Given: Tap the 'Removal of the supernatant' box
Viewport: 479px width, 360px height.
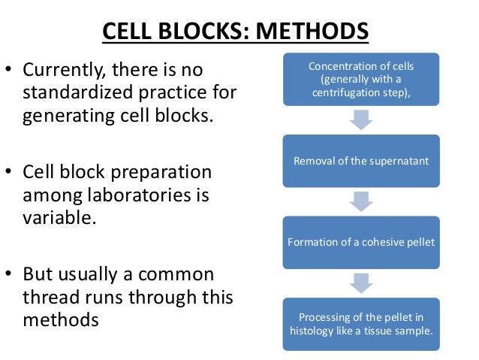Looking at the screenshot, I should click(x=361, y=161).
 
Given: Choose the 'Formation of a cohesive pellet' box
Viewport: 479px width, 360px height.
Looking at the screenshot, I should click(x=361, y=242).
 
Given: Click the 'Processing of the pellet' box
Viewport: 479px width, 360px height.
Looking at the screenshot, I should click(x=361, y=323).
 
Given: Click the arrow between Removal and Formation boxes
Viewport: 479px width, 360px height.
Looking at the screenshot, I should click(x=361, y=201).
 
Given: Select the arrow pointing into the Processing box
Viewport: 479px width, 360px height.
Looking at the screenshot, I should click(x=361, y=282).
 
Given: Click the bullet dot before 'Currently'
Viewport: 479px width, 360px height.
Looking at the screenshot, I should click(x=10, y=72).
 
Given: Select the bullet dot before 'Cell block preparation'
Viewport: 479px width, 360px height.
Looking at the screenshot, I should click(x=10, y=174).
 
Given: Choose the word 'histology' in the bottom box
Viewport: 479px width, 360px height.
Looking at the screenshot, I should click(x=314, y=330).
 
